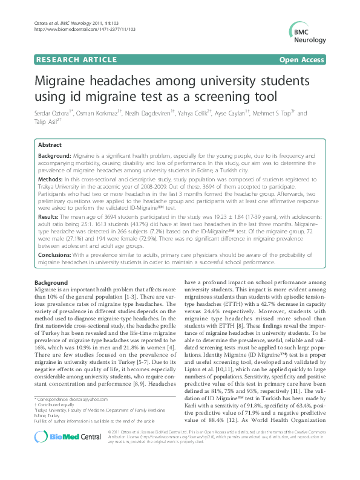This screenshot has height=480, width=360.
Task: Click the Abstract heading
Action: click(50, 146)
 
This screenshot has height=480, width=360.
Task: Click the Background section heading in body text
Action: click(51, 283)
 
